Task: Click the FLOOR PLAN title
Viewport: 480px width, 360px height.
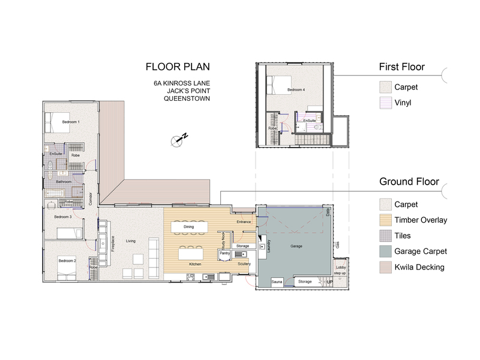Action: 178,67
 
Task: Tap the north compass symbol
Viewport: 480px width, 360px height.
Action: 178,140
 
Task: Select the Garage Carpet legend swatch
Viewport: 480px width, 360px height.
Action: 385,251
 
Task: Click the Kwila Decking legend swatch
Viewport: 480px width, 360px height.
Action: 385,267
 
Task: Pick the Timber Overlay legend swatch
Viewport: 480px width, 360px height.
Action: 385,220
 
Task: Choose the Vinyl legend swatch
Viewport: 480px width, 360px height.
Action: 385,103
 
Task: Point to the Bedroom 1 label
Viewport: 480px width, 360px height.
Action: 71,122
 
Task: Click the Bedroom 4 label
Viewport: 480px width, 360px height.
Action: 296,89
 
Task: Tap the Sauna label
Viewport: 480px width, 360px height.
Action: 277,281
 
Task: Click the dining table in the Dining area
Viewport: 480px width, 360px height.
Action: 188,227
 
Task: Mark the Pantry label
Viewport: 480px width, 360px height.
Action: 224,253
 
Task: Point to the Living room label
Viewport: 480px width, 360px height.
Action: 131,241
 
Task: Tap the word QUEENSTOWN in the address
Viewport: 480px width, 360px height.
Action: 187,98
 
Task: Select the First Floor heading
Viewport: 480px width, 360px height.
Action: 401,67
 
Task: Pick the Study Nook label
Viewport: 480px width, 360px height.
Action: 223,238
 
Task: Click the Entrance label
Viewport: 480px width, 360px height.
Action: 244,222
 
